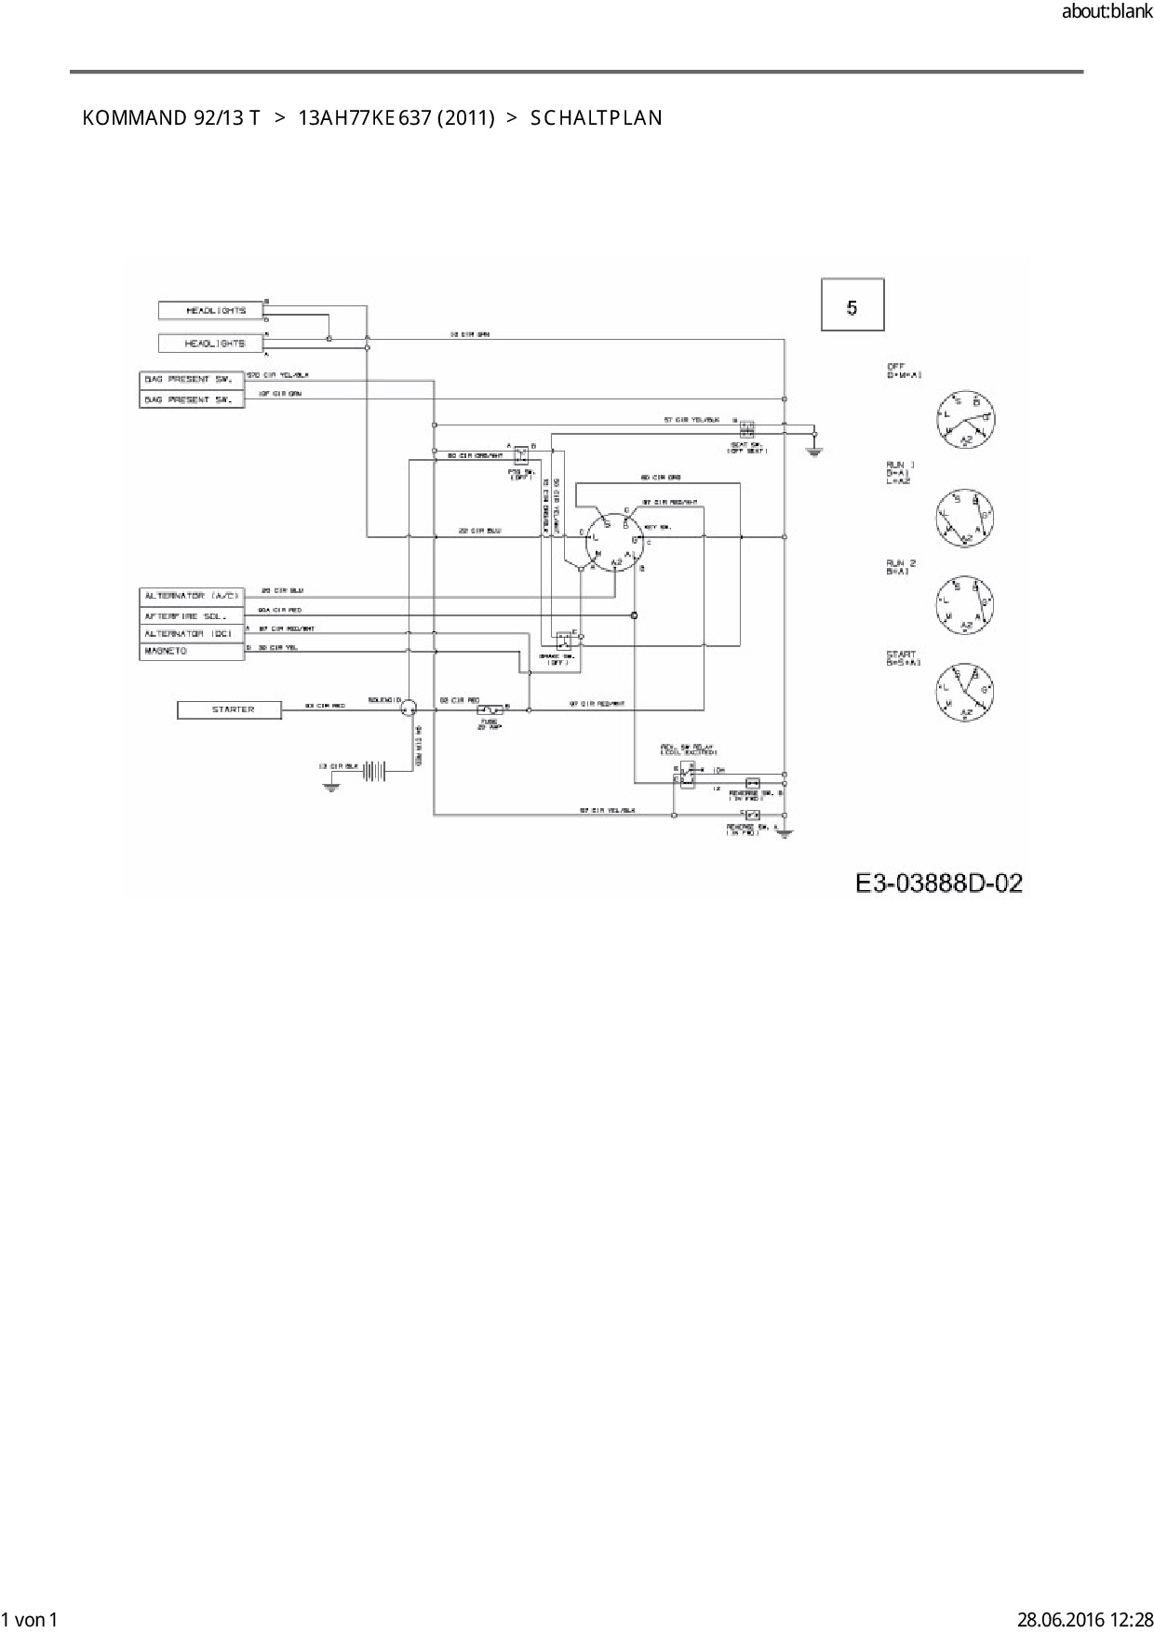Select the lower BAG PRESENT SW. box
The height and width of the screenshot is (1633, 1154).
(x=192, y=399)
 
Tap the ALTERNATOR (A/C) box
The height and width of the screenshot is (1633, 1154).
(x=192, y=595)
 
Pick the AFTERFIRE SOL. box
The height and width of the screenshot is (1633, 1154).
(x=192, y=616)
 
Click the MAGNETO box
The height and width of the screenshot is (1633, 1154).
(x=192, y=652)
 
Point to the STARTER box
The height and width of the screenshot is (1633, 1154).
(x=229, y=710)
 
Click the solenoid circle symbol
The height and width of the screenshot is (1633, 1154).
(x=407, y=709)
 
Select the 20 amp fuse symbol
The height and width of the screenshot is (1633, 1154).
(x=490, y=710)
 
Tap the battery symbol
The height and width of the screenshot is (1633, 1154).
(x=374, y=769)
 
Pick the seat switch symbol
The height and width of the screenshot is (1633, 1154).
(x=746, y=429)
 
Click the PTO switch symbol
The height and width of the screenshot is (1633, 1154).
(x=522, y=454)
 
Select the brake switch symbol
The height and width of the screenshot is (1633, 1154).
(x=564, y=641)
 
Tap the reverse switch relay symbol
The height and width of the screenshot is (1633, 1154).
(x=685, y=774)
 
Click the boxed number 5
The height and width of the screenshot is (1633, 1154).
(x=852, y=305)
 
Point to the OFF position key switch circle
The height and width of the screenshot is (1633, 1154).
(x=965, y=419)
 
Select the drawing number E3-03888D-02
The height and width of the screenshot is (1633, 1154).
(x=938, y=884)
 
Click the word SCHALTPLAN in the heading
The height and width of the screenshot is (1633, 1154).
(x=596, y=118)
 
